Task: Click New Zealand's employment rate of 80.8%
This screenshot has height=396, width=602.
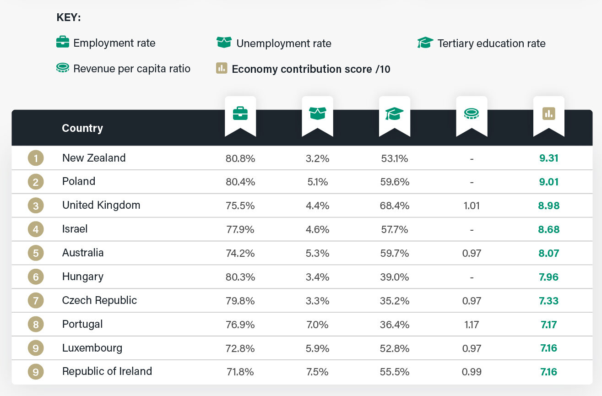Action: click(x=240, y=158)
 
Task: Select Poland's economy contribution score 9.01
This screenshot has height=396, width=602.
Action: click(x=548, y=182)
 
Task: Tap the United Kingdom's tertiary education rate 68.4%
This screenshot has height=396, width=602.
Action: click(x=395, y=206)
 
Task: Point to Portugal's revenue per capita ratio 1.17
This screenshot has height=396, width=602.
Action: click(x=472, y=325)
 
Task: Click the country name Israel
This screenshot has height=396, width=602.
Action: click(x=75, y=229)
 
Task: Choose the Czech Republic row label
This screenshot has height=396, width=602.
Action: click(x=99, y=300)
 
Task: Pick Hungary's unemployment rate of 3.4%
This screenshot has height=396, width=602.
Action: click(x=317, y=277)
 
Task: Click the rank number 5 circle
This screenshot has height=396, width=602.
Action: click(x=36, y=253)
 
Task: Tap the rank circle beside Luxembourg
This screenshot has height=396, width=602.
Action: click(x=36, y=348)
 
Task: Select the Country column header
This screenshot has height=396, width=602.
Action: click(x=82, y=128)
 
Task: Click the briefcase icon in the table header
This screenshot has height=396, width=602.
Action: click(x=240, y=113)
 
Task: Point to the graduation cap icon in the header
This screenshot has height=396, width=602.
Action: click(x=394, y=114)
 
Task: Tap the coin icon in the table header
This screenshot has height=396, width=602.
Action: click(x=472, y=114)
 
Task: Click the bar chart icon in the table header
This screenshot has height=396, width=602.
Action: click(x=548, y=113)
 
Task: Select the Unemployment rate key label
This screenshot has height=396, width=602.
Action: click(x=283, y=43)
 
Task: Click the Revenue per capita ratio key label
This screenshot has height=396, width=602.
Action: click(x=132, y=69)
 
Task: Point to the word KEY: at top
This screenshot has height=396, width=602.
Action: click(x=69, y=18)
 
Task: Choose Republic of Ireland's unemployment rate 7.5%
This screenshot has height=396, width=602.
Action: click(x=317, y=372)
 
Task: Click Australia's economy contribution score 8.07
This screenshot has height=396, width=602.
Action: click(x=548, y=253)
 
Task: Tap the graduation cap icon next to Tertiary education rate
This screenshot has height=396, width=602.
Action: click(x=425, y=43)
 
